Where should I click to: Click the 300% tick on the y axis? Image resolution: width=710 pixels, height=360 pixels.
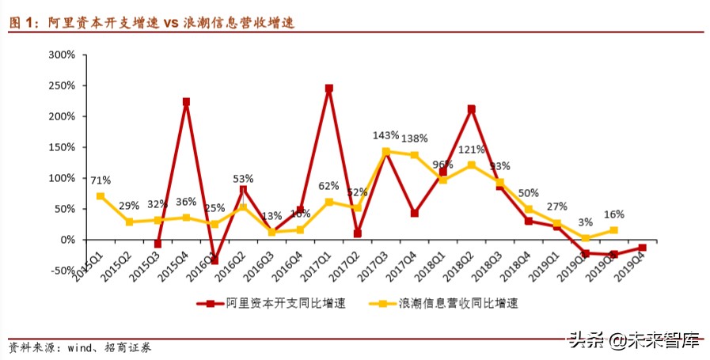(60, 55)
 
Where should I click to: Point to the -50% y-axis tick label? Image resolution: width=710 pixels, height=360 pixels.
(60, 271)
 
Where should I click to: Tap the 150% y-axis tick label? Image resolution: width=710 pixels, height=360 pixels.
(60, 147)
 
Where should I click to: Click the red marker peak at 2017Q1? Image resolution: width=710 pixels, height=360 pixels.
(328, 89)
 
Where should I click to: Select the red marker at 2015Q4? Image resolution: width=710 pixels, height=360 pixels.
(186, 102)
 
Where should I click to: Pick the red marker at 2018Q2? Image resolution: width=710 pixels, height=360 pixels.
(472, 109)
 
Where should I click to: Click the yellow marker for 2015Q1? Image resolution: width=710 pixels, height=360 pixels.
(101, 196)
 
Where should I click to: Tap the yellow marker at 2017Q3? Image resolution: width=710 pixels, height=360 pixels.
(385, 152)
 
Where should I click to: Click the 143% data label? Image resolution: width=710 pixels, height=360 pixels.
(385, 136)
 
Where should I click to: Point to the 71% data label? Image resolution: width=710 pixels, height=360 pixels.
(100, 180)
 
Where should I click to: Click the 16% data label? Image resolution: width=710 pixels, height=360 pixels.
(613, 214)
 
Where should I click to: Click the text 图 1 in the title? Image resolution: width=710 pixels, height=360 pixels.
(22, 24)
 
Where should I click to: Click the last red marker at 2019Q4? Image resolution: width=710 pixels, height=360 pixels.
(643, 248)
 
